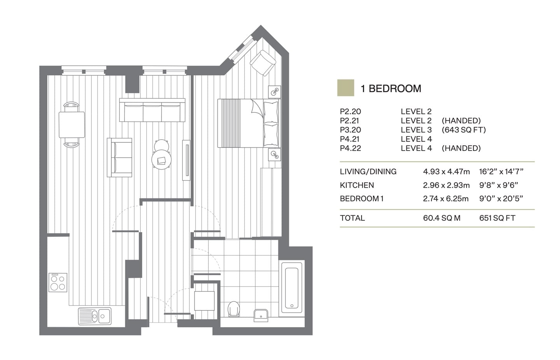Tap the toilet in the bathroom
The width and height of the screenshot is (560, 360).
[234, 308]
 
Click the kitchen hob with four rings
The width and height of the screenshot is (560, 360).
[58, 282]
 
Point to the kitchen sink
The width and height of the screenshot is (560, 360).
[95, 316]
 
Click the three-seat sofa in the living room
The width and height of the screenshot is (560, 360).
[152, 110]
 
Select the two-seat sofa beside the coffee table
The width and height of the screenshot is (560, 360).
[119, 157]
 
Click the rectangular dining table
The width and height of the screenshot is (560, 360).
[72, 124]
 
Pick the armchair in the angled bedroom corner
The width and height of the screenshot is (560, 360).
[263, 62]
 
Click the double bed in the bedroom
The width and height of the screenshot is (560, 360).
[248, 123]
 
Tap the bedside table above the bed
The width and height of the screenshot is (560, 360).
[275, 92]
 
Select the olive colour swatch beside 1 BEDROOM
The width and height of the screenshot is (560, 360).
[345, 88]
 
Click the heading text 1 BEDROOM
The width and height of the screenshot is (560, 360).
[390, 89]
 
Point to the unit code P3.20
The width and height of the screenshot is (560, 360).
[350, 130]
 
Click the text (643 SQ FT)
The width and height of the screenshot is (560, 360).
[464, 130]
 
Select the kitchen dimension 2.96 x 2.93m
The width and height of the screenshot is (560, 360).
[446, 185]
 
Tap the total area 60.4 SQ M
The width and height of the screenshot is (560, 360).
[441, 218]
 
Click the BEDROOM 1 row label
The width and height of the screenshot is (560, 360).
[362, 199]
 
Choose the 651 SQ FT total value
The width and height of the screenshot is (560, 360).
[497, 218]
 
